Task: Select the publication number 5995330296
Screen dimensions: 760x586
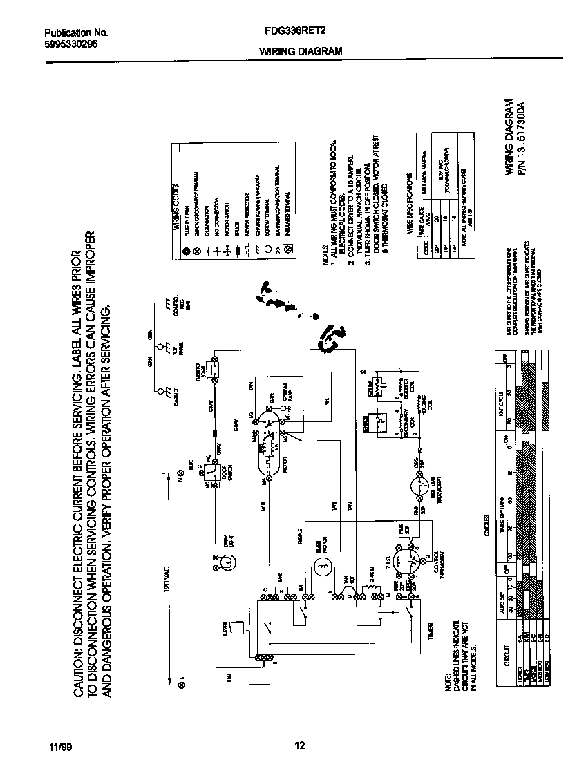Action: coord(70,43)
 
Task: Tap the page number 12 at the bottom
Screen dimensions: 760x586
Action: coord(299,745)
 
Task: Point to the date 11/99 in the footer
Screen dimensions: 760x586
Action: coord(60,747)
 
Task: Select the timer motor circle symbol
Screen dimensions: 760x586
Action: coord(323,569)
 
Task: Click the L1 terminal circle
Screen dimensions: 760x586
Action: coord(182,684)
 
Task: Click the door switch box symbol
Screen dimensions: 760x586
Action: coord(213,473)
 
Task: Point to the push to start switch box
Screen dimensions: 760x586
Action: coord(214,371)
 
